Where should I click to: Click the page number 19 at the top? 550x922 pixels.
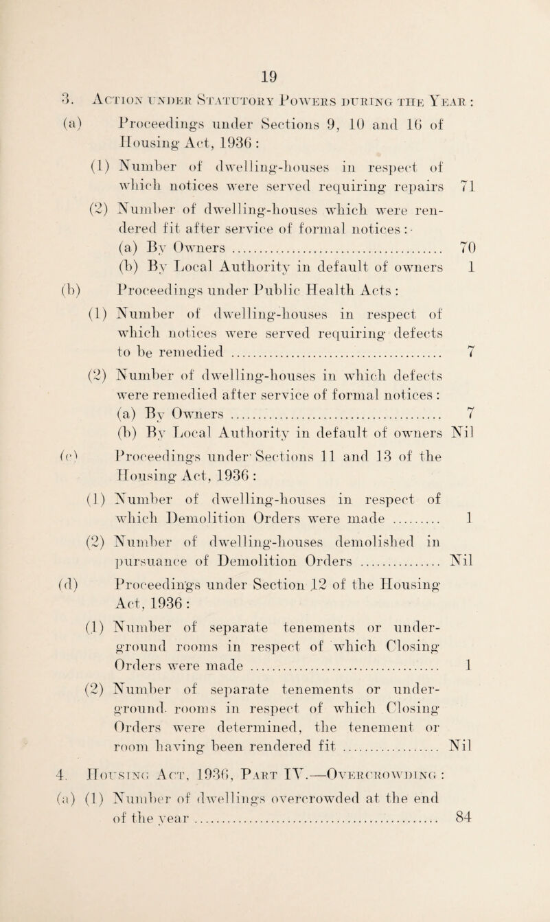[x=273, y=28]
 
